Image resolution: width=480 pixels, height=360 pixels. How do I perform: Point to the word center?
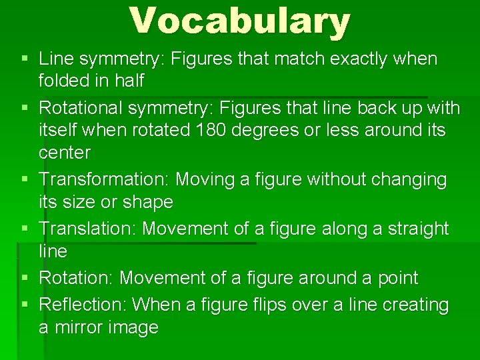(64, 153)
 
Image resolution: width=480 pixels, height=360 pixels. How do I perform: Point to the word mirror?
(77, 328)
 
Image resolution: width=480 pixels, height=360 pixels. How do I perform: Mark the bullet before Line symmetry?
(25, 59)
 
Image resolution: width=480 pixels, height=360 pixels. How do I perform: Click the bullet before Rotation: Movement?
(25, 278)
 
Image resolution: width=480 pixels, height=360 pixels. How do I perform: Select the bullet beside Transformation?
(25, 179)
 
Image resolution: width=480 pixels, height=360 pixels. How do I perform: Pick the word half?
(129, 81)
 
